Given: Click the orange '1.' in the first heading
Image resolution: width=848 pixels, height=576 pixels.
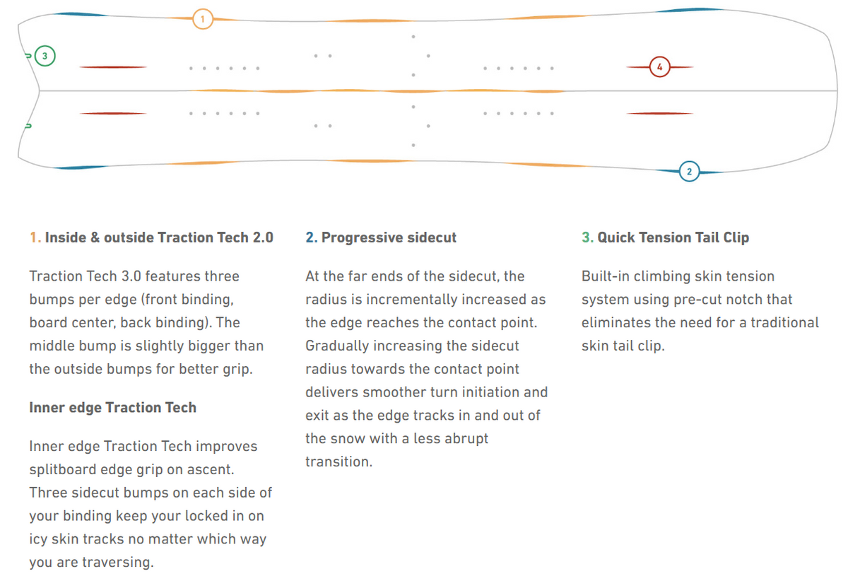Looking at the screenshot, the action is pyautogui.click(x=35, y=237).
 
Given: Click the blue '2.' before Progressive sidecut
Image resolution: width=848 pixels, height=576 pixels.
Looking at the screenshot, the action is pyautogui.click(x=312, y=237).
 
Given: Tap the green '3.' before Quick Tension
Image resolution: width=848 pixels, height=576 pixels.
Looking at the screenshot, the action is pyautogui.click(x=587, y=237).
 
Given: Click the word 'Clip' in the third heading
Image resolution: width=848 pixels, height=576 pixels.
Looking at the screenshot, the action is pyautogui.click(x=736, y=238).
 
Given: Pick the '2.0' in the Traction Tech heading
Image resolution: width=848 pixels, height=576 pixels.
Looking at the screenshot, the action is pyautogui.click(x=263, y=237).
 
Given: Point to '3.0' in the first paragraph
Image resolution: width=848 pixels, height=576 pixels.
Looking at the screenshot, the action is pyautogui.click(x=131, y=276).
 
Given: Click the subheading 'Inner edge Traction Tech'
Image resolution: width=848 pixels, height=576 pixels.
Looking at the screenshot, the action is pyautogui.click(x=113, y=408).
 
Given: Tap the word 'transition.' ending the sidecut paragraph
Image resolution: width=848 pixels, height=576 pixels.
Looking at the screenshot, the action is pyautogui.click(x=338, y=462).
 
